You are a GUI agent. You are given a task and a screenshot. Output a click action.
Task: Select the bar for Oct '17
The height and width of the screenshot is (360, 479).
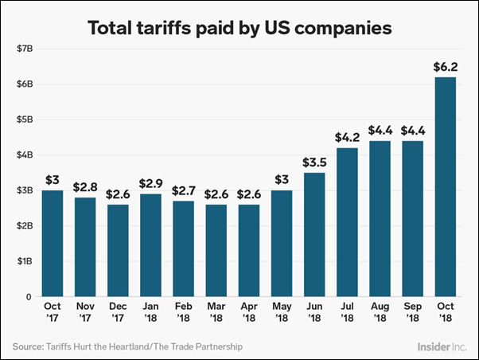point(52,243)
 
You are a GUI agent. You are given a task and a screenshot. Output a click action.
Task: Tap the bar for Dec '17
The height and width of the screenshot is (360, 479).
point(117,250)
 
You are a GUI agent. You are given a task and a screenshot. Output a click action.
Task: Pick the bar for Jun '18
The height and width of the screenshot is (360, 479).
point(313,234)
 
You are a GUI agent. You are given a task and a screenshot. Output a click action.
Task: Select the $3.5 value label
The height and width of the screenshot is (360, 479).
point(313,162)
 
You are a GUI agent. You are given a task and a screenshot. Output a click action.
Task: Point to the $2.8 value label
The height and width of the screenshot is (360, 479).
point(84,186)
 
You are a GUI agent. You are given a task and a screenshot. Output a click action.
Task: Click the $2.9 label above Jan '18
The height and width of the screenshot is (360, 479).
point(150,183)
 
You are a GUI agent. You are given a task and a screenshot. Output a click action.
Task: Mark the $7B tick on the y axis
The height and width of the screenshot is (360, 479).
point(24,49)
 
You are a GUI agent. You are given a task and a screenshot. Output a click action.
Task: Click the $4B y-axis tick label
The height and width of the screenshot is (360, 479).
point(24,155)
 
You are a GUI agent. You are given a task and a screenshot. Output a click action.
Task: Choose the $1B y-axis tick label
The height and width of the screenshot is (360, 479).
point(24,261)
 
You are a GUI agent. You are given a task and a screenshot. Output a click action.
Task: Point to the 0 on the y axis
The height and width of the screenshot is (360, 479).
point(29,297)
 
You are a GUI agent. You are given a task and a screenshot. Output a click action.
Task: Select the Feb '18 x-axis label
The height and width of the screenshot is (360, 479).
point(182,313)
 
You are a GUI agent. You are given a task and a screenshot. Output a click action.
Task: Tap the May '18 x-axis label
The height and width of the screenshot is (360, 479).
point(280,313)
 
